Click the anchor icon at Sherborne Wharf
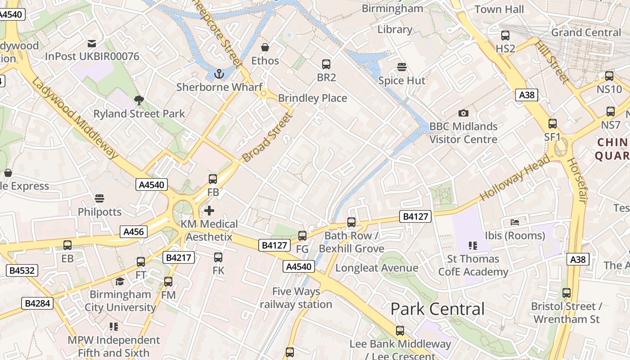click(x=219, y=73)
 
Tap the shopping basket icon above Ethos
click(x=265, y=47)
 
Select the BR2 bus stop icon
click(x=326, y=64)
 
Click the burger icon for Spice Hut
click(x=402, y=67)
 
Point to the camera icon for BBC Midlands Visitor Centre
click(x=463, y=113)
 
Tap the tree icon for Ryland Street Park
click(x=139, y=100)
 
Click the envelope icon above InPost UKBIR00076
click(x=92, y=44)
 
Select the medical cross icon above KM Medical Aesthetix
click(x=209, y=210)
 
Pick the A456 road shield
click(x=134, y=232)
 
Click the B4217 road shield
click(x=179, y=257)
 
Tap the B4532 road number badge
click(x=22, y=270)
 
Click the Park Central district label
click(x=437, y=309)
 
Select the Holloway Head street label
click(x=515, y=178)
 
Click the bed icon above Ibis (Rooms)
click(x=515, y=222)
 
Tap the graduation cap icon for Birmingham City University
click(x=120, y=282)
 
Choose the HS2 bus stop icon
click(x=505, y=36)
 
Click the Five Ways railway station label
click(x=296, y=298)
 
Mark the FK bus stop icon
click(x=218, y=257)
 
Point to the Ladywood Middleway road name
click(x=75, y=119)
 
